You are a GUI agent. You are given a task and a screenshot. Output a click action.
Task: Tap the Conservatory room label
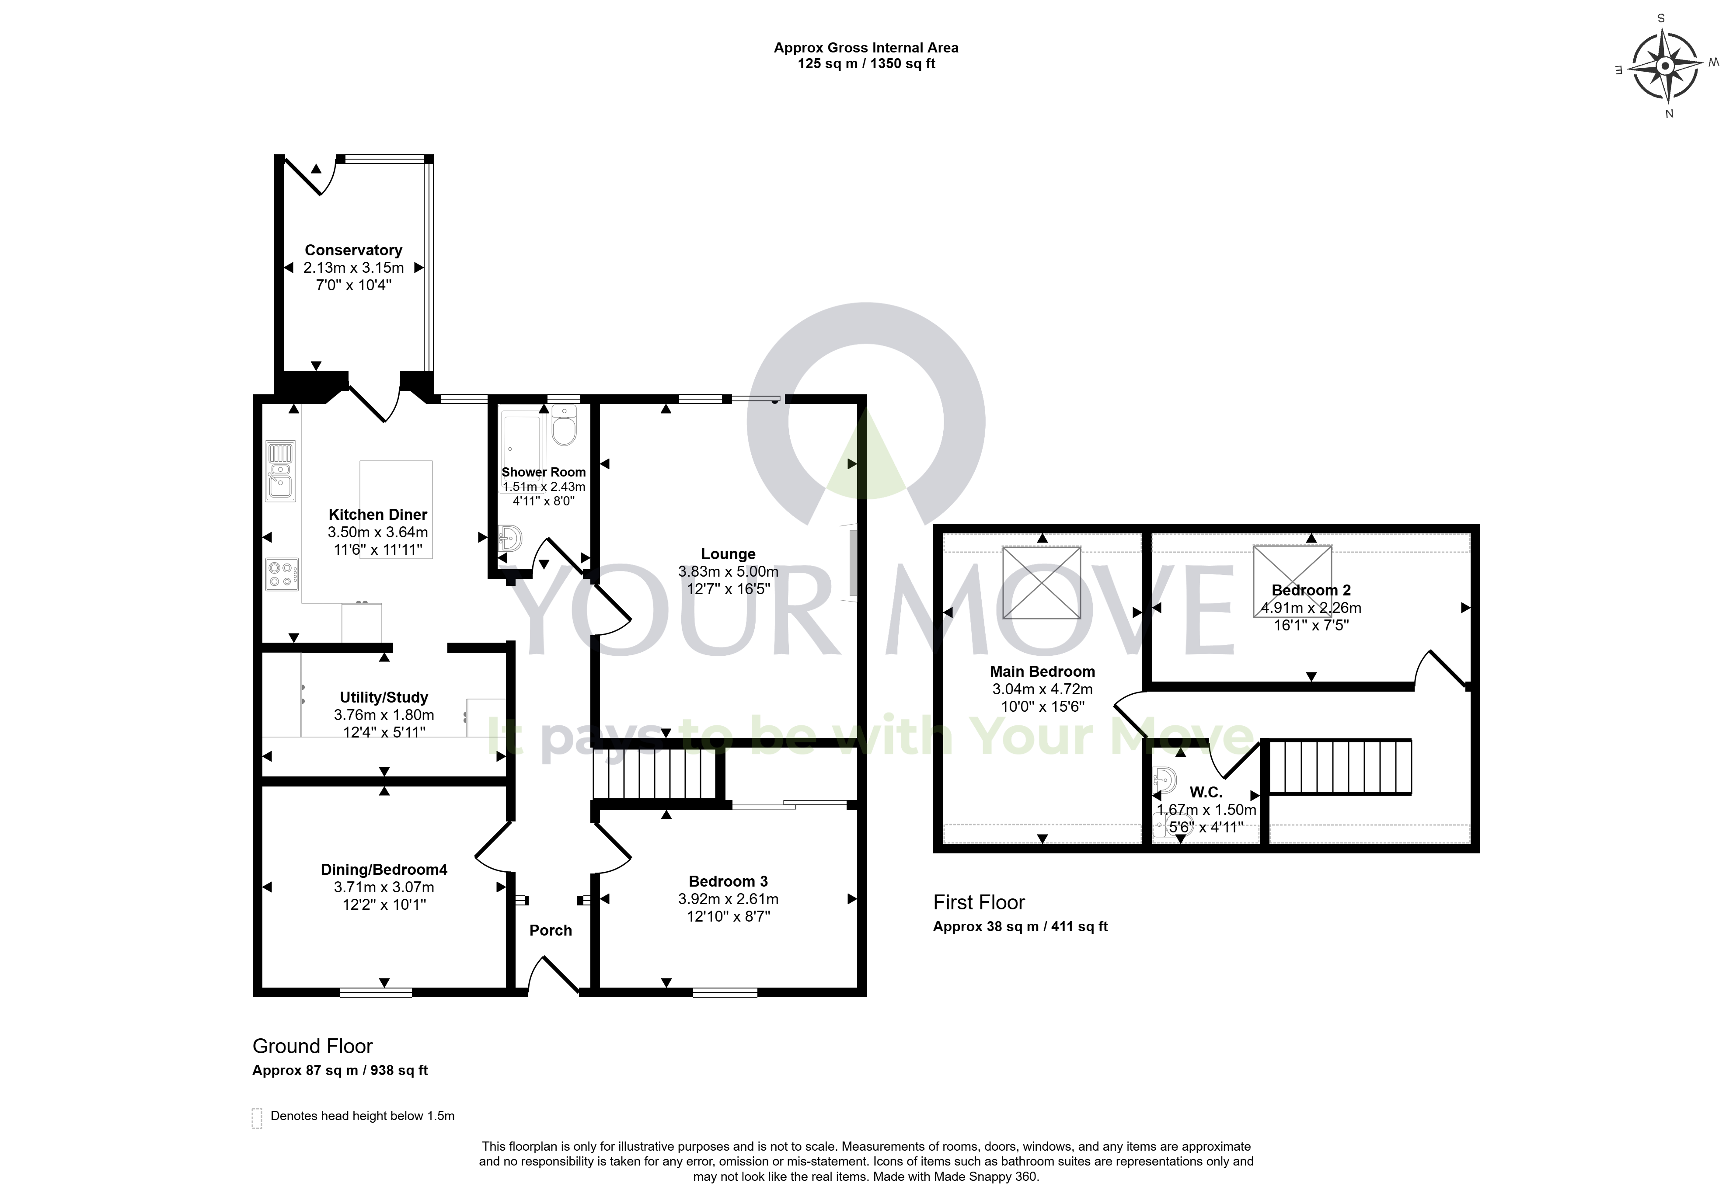click(x=353, y=250)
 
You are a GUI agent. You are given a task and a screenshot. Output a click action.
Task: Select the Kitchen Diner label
click(x=378, y=515)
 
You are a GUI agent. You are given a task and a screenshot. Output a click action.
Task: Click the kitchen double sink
click(x=281, y=471)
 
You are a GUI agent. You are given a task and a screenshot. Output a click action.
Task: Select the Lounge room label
click(x=728, y=554)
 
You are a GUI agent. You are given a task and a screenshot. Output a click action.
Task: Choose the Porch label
click(x=551, y=930)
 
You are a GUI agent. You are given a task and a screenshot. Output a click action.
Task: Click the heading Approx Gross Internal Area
click(x=866, y=48)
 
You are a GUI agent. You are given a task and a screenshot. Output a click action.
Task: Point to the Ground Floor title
click(x=312, y=1046)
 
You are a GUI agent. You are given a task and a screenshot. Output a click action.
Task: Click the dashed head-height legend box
click(x=257, y=1118)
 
